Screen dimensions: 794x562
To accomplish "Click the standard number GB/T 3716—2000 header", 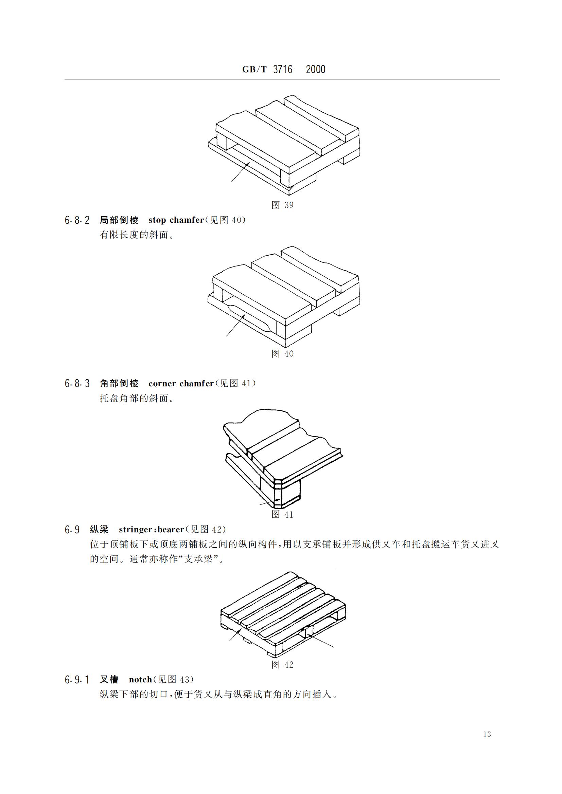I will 283,70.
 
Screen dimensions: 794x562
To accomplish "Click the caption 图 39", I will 282,205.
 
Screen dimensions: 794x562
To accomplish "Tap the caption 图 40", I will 282,354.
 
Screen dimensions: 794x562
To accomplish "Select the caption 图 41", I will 282,515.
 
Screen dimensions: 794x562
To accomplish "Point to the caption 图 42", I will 282,665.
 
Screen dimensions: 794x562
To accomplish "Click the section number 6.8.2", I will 77,220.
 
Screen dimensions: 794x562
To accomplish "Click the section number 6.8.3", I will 77,384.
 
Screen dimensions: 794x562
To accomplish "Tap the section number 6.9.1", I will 77,680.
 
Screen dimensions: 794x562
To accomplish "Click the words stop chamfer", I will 176,220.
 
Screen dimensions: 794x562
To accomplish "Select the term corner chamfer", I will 181,384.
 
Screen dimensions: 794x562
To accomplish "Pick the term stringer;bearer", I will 151,530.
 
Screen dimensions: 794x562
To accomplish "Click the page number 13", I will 487,744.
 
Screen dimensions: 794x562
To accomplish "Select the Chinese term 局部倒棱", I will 119,220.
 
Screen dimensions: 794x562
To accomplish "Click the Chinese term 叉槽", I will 109,680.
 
